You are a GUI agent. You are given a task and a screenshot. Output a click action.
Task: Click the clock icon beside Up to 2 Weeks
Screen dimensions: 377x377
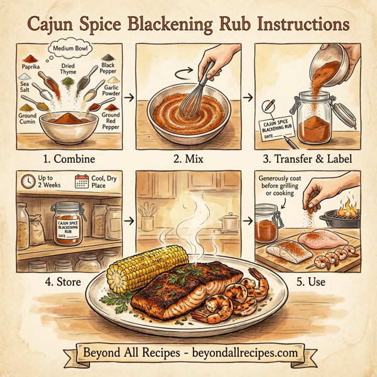[x=26, y=182]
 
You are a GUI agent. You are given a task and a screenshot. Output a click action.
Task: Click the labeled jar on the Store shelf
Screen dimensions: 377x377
[x=70, y=226]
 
